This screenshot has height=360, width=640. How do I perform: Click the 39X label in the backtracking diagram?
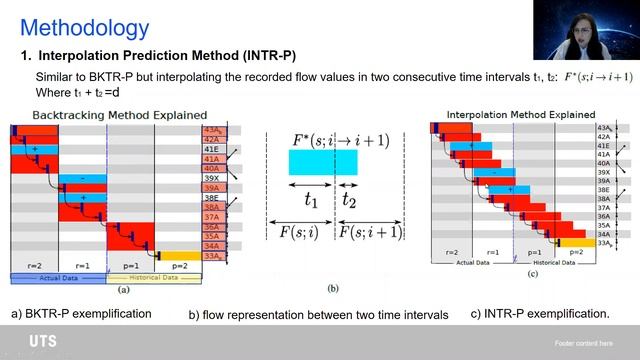coord(211,178)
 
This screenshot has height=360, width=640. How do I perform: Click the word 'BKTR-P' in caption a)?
coord(48,314)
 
